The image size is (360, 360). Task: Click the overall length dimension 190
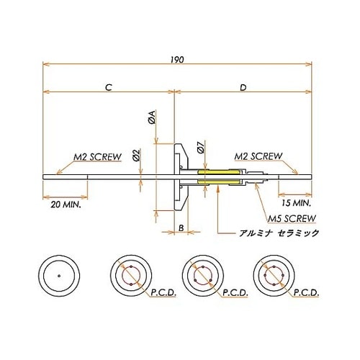click(x=178, y=60)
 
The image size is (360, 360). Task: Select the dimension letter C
click(x=107, y=87)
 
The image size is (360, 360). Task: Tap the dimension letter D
click(x=243, y=87)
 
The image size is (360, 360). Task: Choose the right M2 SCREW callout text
click(x=260, y=156)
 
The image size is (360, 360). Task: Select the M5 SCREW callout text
click(x=292, y=217)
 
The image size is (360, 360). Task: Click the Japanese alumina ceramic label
click(x=278, y=234)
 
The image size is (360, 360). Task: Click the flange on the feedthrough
click(x=177, y=176)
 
